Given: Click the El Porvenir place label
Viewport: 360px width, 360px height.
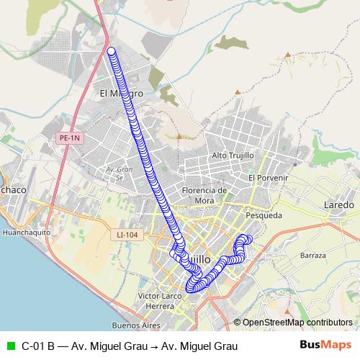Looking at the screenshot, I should point(268,178).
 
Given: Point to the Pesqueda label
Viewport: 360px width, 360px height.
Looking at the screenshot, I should point(264,215).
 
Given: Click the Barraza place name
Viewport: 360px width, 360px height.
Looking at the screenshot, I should point(313,256).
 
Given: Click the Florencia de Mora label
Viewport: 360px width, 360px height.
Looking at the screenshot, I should point(204,195).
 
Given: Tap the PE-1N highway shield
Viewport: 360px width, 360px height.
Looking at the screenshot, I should point(70,137).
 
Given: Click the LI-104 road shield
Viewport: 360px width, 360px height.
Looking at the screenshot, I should point(126,235).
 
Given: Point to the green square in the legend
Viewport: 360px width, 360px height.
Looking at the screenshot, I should point(10,346).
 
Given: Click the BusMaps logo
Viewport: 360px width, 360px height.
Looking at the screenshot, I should point(325,345).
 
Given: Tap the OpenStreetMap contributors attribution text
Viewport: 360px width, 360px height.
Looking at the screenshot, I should point(297,323).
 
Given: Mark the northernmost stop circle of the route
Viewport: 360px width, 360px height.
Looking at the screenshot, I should point(112,50).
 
